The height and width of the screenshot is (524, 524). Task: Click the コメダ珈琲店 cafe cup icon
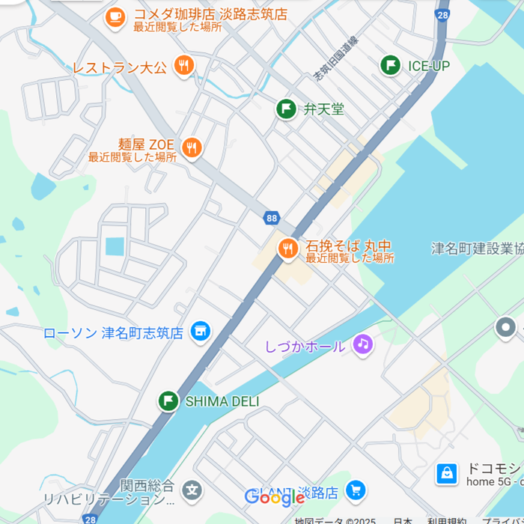click(x=115, y=16)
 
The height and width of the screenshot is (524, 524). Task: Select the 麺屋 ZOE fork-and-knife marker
click(x=192, y=147)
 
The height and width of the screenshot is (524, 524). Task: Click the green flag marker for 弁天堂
click(x=286, y=109)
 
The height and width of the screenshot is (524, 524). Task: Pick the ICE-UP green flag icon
click(x=390, y=66)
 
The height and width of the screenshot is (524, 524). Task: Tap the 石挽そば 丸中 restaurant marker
click(x=287, y=249)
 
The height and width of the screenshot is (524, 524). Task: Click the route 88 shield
click(x=271, y=218)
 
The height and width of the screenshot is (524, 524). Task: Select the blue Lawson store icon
click(x=200, y=331)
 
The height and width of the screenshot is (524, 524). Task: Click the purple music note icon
click(x=363, y=344)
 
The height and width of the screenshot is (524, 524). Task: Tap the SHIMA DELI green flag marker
click(x=168, y=401)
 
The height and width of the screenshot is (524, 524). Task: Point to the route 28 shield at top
click(x=443, y=14)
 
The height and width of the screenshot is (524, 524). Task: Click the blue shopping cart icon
click(x=356, y=490)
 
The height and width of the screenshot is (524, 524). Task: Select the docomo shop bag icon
click(x=446, y=473)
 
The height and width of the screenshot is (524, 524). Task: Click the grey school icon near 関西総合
click(x=192, y=491)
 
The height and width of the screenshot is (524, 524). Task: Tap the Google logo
click(x=273, y=497)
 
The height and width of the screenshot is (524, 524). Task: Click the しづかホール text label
click(x=305, y=347)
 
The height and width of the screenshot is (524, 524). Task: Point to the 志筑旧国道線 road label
click(x=335, y=59)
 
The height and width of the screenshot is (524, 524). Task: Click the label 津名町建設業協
click(x=477, y=249)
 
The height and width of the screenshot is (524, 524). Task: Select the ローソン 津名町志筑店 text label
click(x=113, y=332)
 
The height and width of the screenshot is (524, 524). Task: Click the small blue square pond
click(x=115, y=246)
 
